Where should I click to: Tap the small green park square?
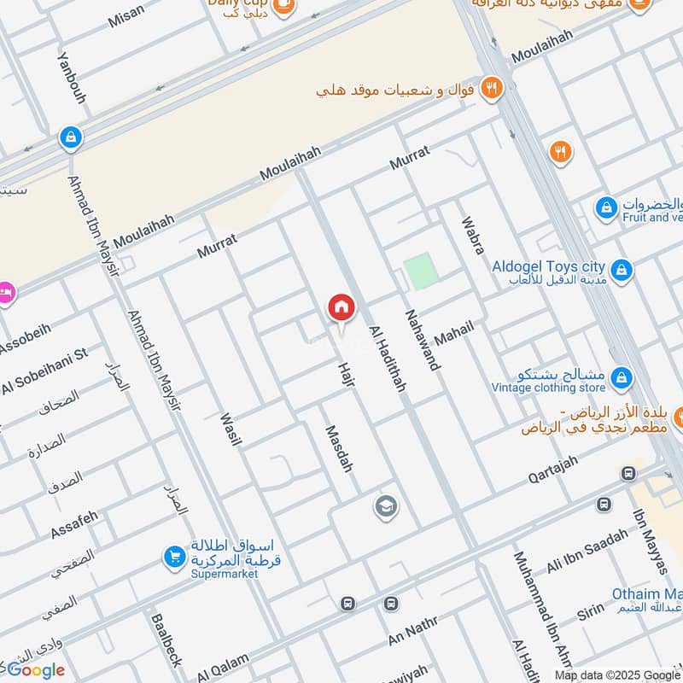pos(420,271)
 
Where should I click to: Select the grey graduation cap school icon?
pos(386,507)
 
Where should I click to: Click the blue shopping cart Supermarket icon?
pos(174,557)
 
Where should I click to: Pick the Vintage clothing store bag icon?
pos(622,377)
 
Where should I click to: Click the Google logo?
pos(36,670)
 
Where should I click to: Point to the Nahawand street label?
pos(423,339)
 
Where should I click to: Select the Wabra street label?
pos(472,235)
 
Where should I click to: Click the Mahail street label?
pos(453,332)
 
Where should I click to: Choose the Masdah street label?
pos(337,449)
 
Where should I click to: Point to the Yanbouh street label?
pos(72,78)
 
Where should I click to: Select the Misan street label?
pos(126,16)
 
